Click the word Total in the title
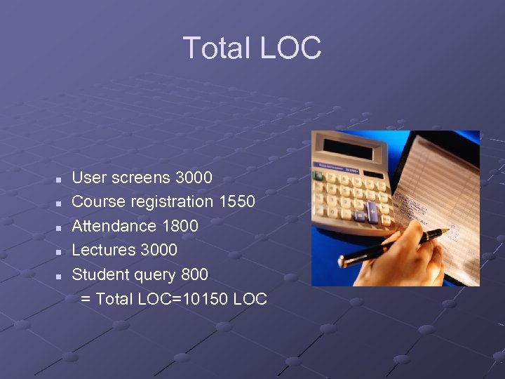[217, 48]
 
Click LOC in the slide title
[290, 48]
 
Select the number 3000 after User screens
[194, 178]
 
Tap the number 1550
[236, 202]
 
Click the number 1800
[180, 226]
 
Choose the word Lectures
[105, 250]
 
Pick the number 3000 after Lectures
[159, 250]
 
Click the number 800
[194, 274]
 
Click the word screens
[138, 178]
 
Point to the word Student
[99, 274]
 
